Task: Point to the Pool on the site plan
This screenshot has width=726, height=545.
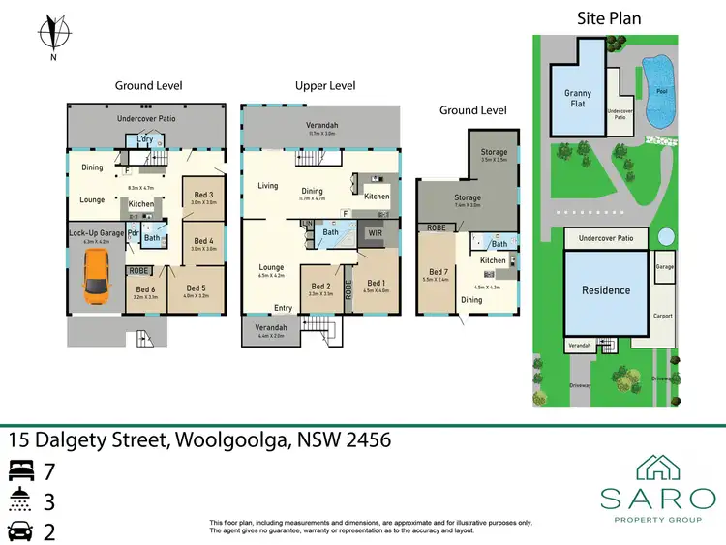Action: (661, 92)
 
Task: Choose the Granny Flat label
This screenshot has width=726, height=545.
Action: (578, 99)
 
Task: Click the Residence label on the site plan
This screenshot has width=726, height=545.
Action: (606, 289)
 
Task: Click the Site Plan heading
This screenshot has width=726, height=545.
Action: (609, 17)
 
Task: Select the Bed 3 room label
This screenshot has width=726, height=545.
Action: (203, 196)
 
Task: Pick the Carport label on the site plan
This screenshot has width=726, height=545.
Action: (662, 317)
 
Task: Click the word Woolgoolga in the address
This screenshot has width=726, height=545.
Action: (230, 440)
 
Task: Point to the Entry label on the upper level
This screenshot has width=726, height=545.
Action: (283, 308)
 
